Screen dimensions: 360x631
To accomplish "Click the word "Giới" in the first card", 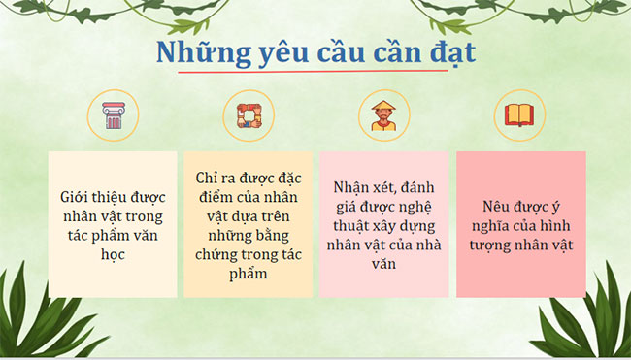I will tap(77, 197).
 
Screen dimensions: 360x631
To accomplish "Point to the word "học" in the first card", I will tap(114, 255).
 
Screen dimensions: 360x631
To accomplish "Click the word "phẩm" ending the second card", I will tap(249, 275).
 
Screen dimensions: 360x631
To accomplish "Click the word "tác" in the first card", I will tap(82, 236).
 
